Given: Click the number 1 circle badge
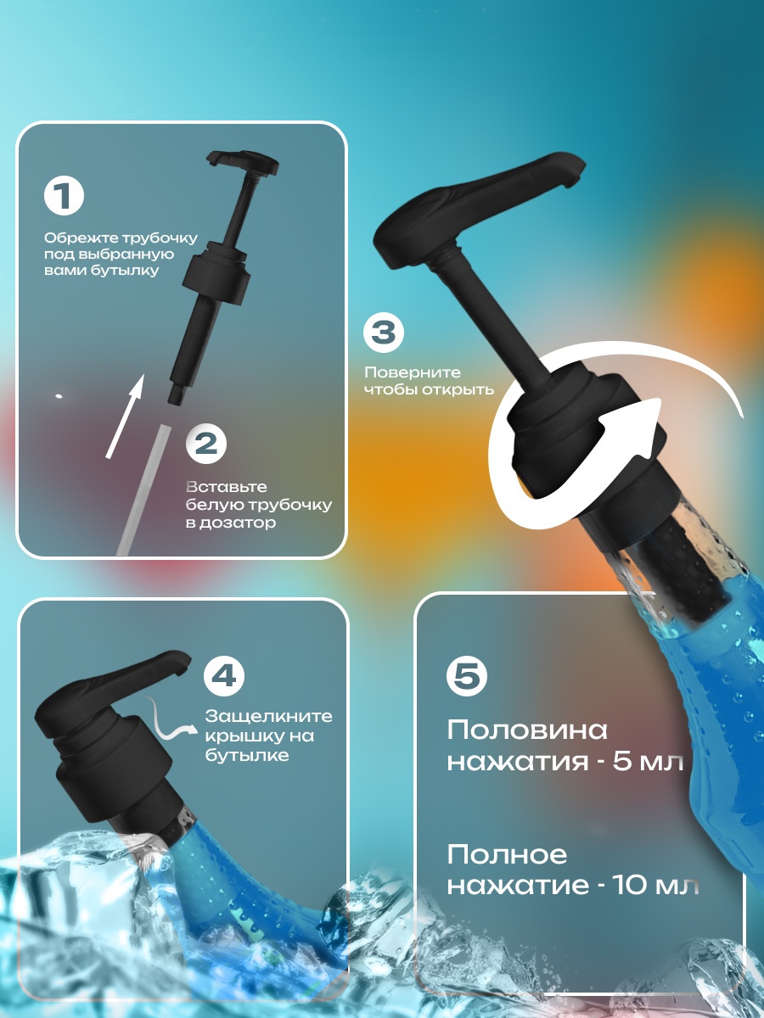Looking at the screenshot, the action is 64,196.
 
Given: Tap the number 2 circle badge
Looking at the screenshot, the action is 206,444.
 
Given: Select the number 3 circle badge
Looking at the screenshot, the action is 384,333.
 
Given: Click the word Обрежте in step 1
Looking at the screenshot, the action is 82,238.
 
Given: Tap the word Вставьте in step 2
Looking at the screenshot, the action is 227,487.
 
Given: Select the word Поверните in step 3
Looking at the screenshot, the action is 413,372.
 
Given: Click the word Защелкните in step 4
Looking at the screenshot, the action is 269,716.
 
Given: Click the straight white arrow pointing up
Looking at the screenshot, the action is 124,415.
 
